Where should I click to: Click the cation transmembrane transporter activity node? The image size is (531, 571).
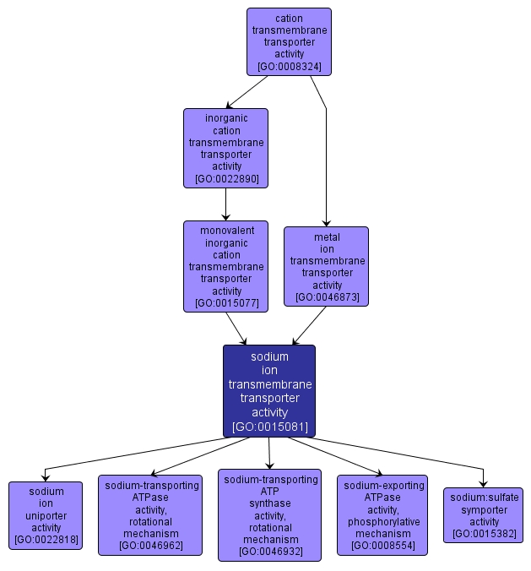coord(289,41)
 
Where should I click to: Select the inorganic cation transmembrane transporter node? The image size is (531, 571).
coord(225,148)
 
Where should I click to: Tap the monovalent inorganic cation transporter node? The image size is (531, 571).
coord(225,266)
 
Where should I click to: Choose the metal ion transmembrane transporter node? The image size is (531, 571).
coord(327,266)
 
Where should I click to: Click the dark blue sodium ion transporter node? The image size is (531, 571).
coord(269,390)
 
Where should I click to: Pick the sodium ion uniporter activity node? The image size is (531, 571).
coord(46,515)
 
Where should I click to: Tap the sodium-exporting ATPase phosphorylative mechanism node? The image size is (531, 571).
coord(382,514)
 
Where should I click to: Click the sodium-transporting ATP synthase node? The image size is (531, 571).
coord(269,514)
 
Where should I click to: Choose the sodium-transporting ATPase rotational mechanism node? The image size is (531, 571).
coord(150,514)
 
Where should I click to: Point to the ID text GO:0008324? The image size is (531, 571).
coord(289,66)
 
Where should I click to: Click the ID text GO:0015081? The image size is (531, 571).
coord(269,427)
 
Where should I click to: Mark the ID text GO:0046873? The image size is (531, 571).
coord(327,296)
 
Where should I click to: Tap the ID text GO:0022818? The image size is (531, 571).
coord(46,539)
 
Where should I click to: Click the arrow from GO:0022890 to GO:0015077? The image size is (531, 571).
coord(225,204)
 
